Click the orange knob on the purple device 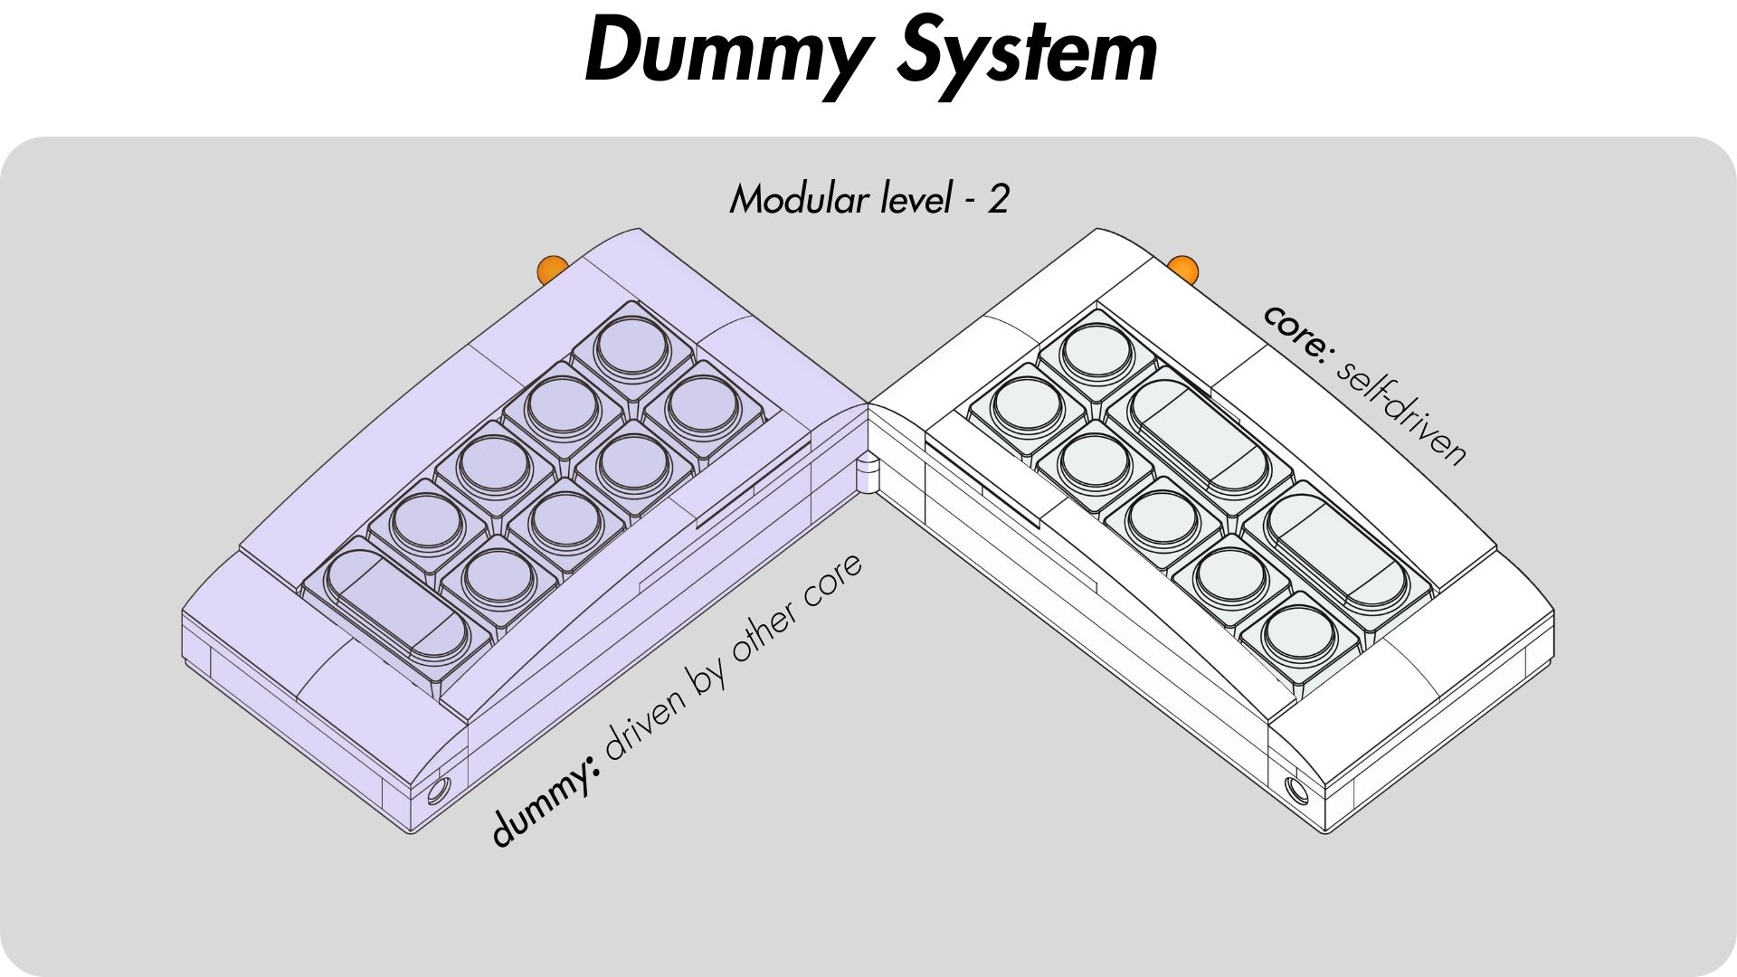point(551,269)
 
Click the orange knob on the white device point(1182,268)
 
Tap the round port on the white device point(1297,790)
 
